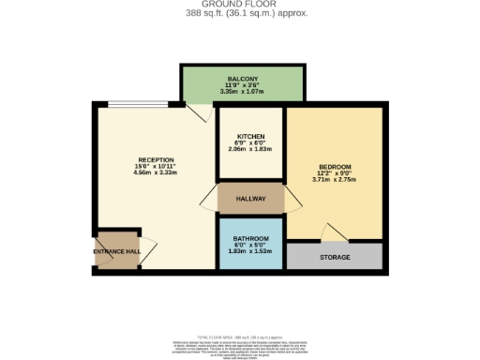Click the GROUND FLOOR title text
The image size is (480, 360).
coord(239,5)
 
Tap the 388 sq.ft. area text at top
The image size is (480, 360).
coord(239,13)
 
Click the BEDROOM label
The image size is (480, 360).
coord(335,165)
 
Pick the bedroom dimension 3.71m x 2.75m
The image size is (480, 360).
coord(335,178)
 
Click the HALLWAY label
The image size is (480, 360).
coord(250,200)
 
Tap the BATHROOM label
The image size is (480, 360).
coord(250,239)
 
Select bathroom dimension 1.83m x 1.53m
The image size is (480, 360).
coord(250,251)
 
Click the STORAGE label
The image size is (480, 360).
coord(335,257)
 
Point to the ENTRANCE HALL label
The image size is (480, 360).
coord(116,251)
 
